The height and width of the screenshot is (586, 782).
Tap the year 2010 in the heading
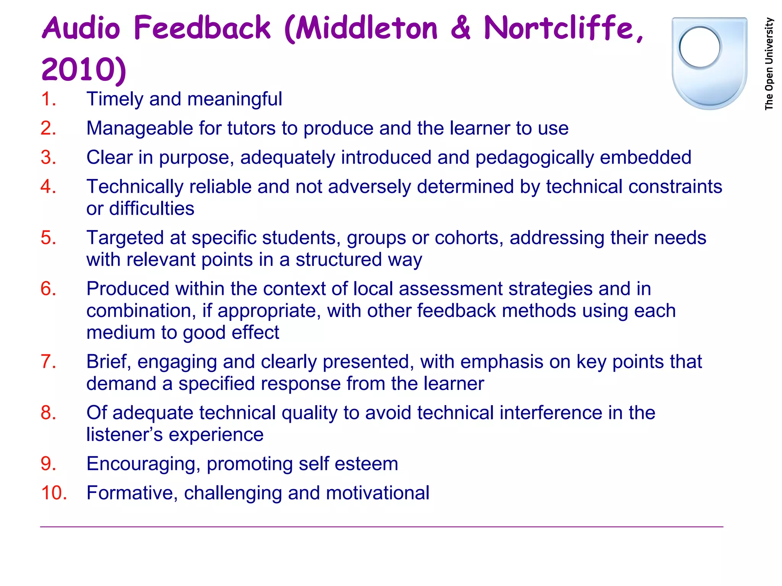(x=78, y=70)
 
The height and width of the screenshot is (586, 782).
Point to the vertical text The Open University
(x=769, y=64)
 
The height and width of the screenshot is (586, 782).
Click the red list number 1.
(x=48, y=99)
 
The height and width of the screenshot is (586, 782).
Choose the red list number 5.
(x=48, y=238)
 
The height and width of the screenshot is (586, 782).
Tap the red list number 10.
(x=54, y=493)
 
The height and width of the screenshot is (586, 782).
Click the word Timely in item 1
(x=115, y=100)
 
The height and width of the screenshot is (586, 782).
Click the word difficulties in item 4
(x=152, y=209)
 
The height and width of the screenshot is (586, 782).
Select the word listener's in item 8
(x=124, y=435)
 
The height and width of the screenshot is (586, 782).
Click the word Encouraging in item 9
(x=144, y=464)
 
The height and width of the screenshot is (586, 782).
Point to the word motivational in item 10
(x=378, y=493)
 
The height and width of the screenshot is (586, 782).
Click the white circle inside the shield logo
(x=700, y=47)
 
